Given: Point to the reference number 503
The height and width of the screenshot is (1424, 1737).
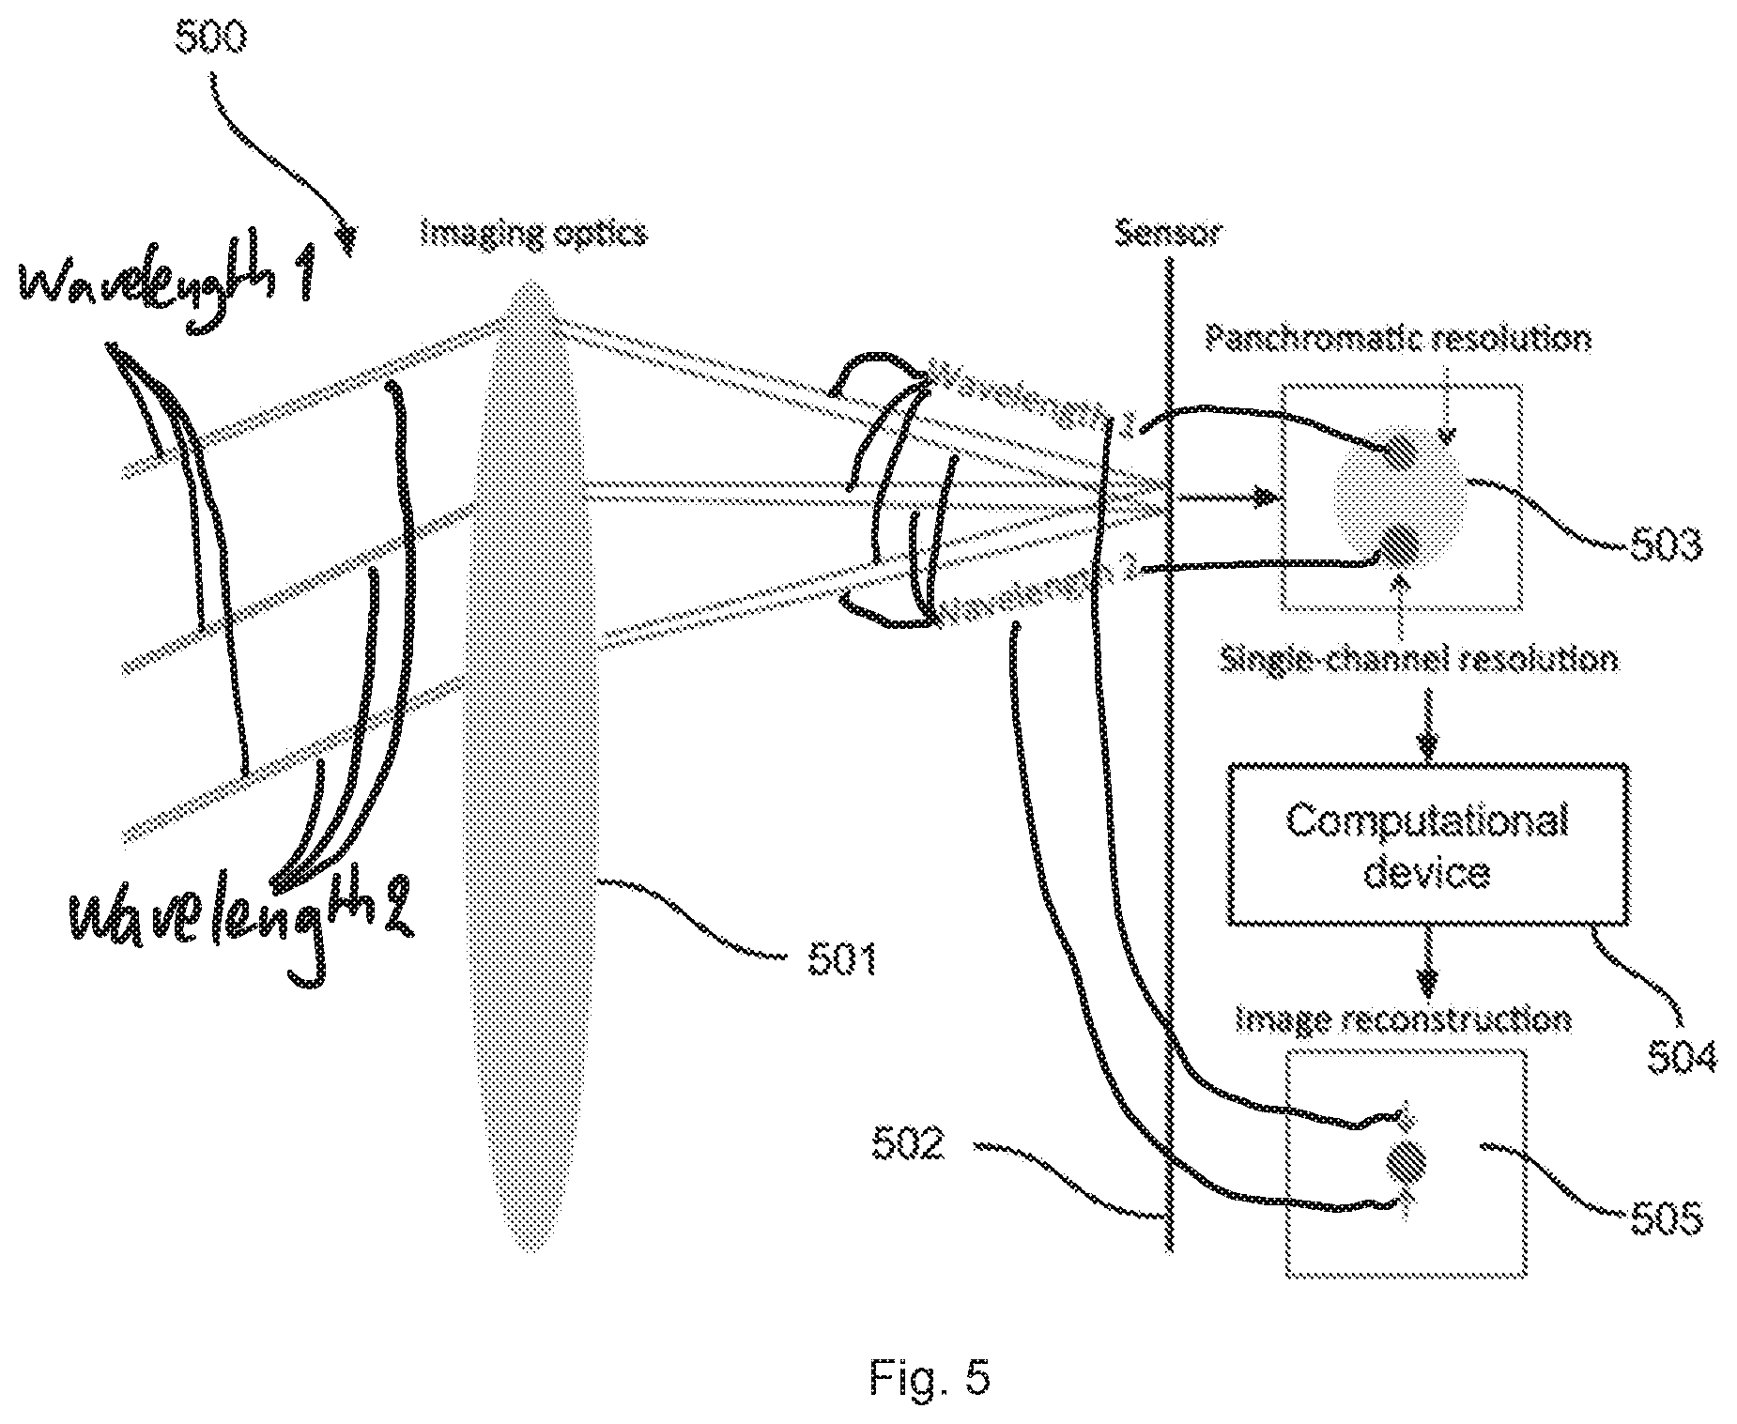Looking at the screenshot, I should coord(1666,544).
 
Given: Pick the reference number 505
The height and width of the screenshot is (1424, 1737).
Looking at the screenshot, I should coord(1666,1219).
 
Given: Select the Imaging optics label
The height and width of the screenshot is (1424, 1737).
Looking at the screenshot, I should coord(533,232).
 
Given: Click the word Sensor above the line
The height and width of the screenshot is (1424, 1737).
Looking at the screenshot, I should coord(1167,232).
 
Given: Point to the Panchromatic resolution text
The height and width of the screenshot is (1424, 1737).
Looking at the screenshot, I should coord(1398,338).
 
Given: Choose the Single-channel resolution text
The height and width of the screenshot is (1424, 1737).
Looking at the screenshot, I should coord(1418,660).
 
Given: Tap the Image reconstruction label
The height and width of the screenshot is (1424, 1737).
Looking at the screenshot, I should coord(1403,1019).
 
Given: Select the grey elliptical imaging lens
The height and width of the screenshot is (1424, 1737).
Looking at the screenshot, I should coord(530,765).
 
